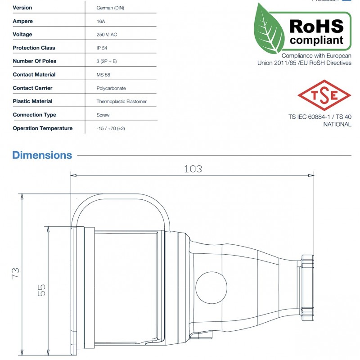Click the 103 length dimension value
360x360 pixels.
coord(193,169)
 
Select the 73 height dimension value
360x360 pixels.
coord(15,273)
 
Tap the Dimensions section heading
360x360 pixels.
coord(42,155)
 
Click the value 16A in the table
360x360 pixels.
coord(101,21)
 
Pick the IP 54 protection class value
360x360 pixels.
coord(102,48)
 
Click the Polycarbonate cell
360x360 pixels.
coord(111,88)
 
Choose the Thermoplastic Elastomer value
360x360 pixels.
coord(121,102)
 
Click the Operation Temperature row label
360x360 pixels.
coord(43,129)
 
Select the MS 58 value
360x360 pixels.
coord(103,75)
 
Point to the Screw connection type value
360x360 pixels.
coord(103,115)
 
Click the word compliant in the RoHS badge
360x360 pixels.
coord(316,40)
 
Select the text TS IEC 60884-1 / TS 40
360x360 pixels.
coord(319,117)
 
